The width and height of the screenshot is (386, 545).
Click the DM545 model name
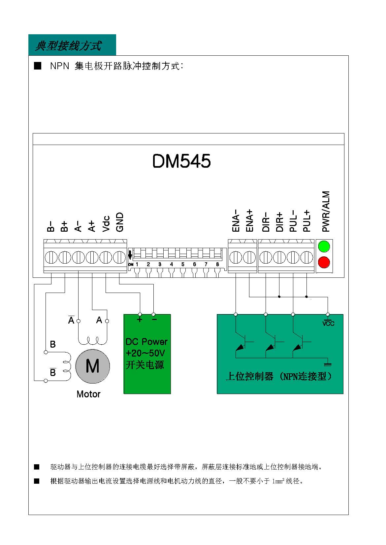[x=181, y=161]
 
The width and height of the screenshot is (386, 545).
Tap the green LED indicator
[x=324, y=246]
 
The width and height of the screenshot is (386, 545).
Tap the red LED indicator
[x=324, y=262]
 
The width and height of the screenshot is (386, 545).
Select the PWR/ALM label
[x=326, y=211]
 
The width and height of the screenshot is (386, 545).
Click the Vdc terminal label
[x=106, y=224]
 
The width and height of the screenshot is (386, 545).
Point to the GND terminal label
[x=120, y=222]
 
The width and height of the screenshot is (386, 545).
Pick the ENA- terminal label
[x=236, y=220]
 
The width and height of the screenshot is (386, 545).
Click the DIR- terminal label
[x=266, y=222]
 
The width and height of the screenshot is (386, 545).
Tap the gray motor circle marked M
[x=93, y=366]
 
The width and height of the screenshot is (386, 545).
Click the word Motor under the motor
[x=88, y=394]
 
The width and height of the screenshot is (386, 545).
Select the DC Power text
[x=146, y=342]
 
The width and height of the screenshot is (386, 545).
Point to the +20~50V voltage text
[x=145, y=353]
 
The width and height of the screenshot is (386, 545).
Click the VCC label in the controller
[x=328, y=323]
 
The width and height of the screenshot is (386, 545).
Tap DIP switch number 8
[x=217, y=264]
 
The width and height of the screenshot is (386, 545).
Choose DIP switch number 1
[x=137, y=264]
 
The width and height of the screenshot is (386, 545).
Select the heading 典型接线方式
[x=68, y=45]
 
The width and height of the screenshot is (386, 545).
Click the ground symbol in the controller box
[x=328, y=364]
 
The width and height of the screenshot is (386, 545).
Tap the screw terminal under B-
[x=51, y=257]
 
